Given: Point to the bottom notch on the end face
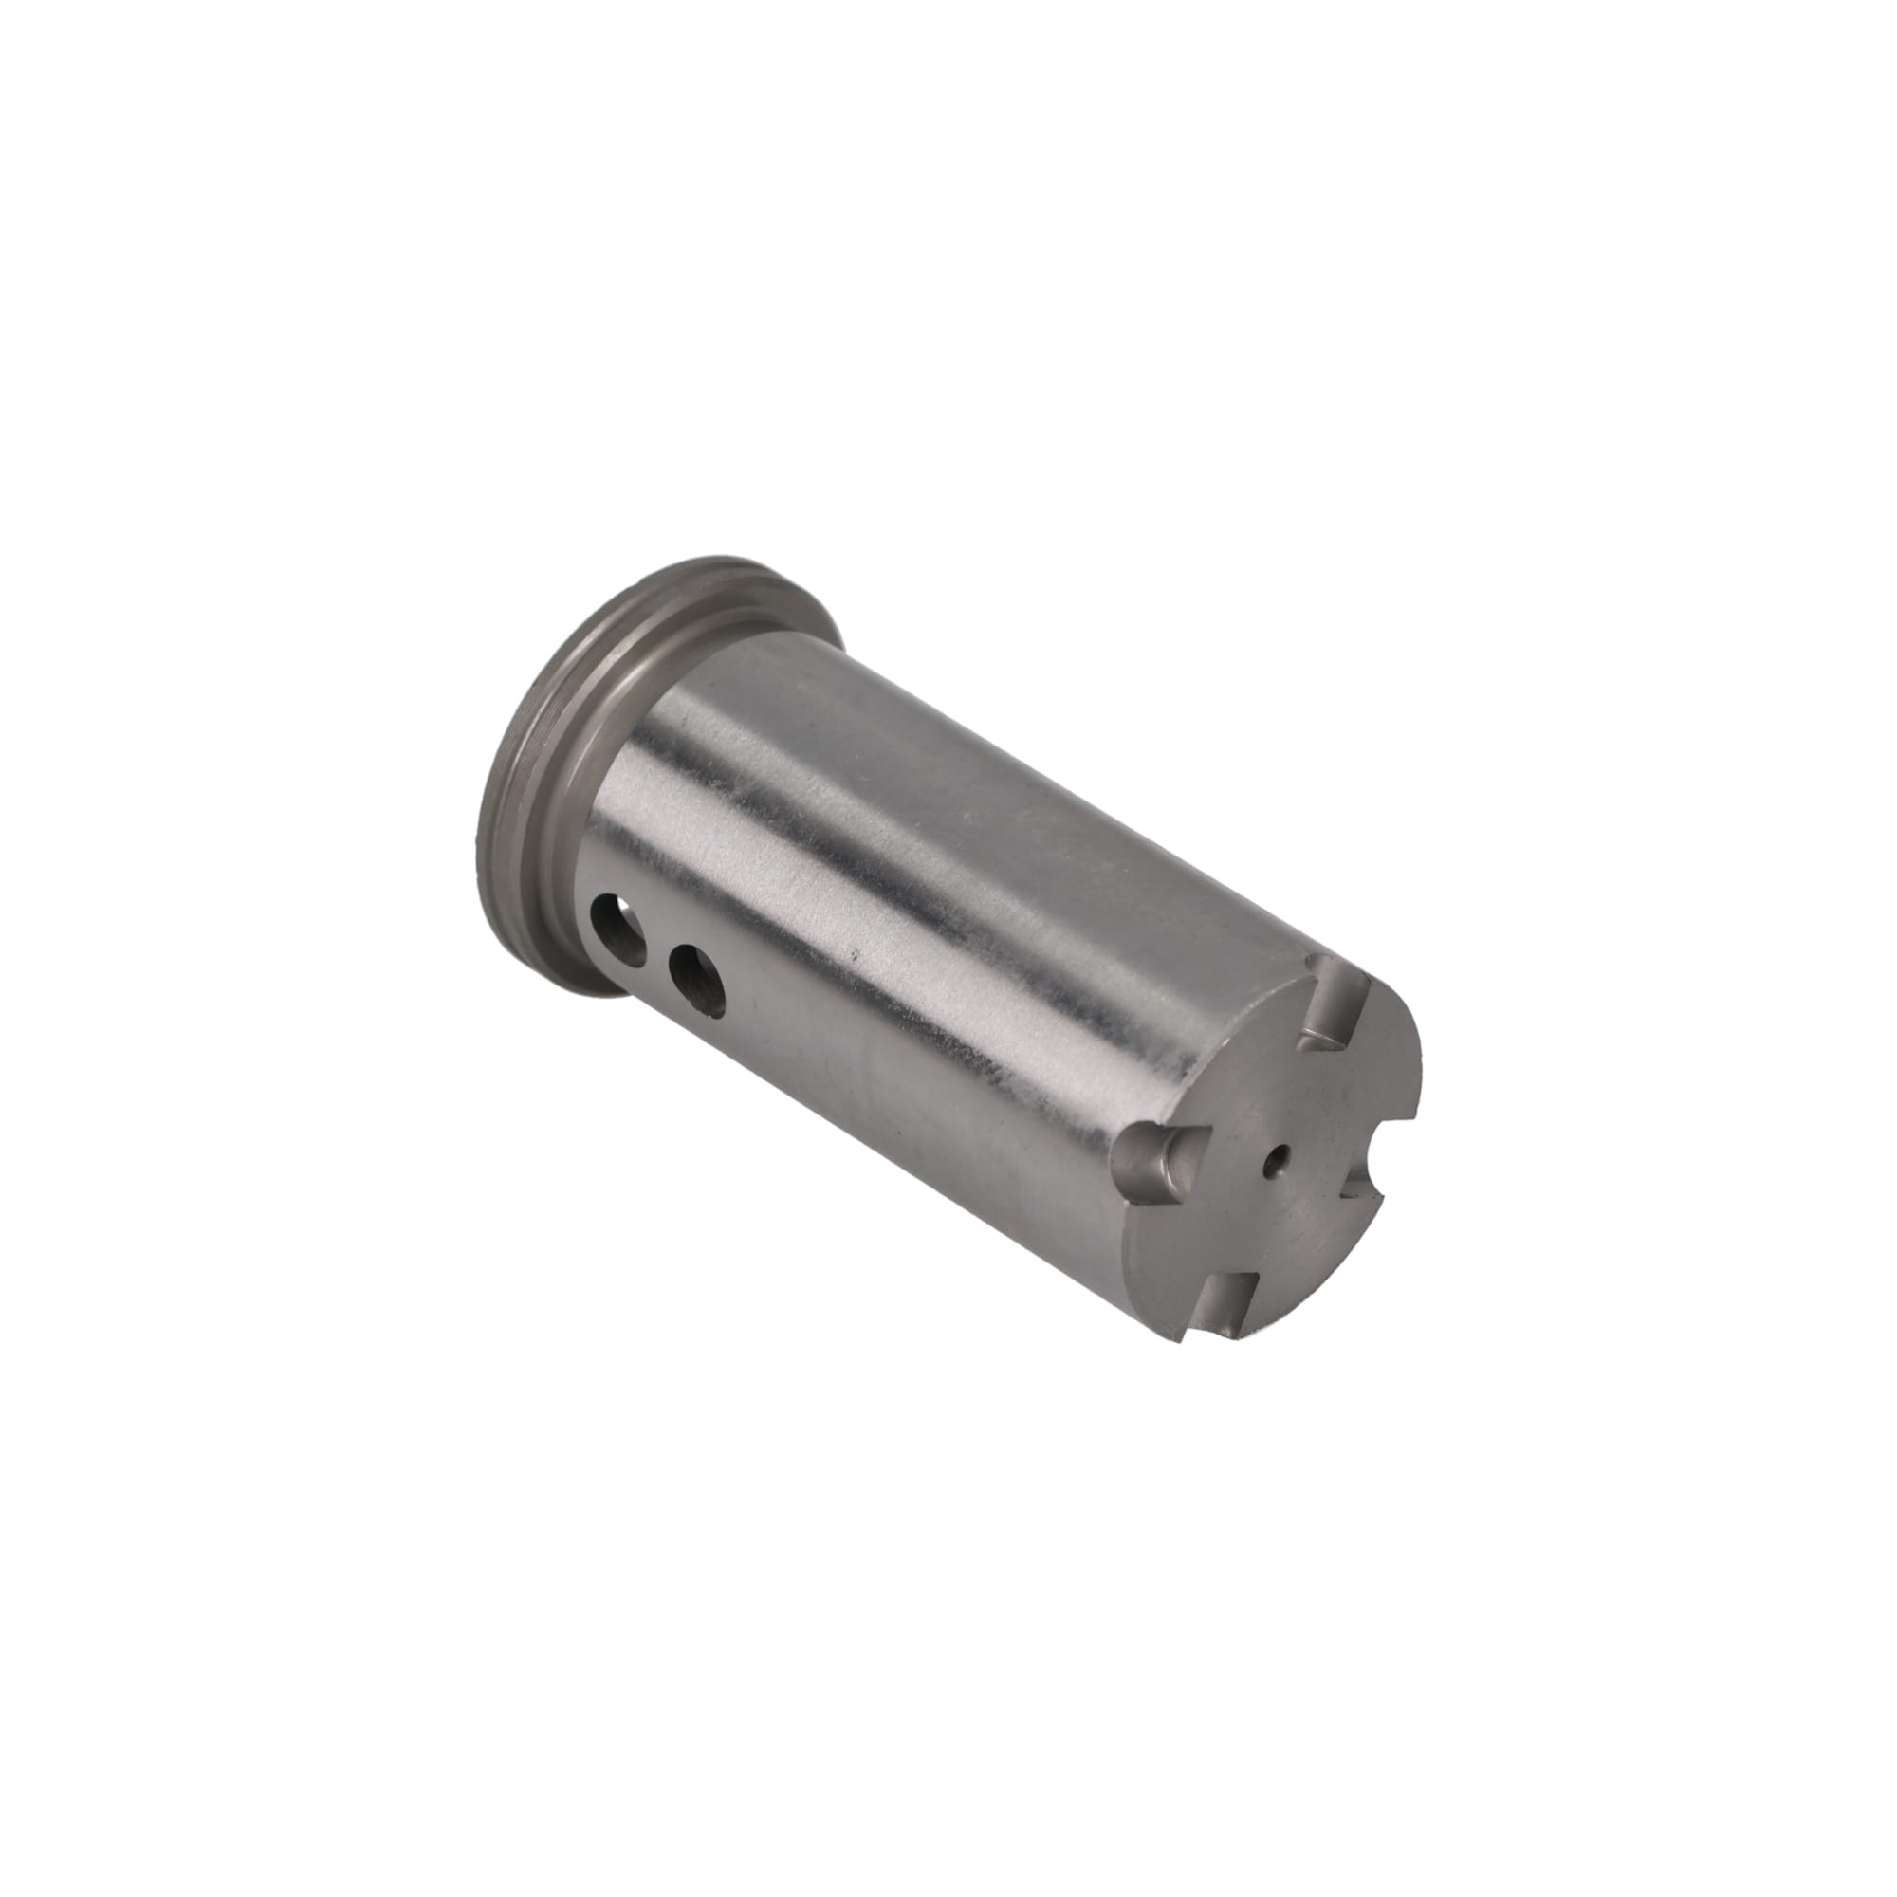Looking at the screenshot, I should click(1227, 1298).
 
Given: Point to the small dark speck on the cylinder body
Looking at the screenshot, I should click(856, 952).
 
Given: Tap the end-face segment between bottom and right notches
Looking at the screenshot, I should click(1316, 1243).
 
